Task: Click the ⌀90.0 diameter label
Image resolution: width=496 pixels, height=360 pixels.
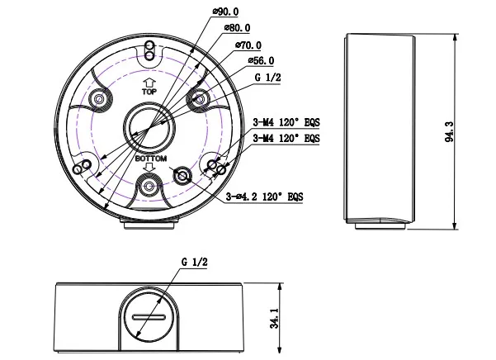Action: pyautogui.click(x=226, y=12)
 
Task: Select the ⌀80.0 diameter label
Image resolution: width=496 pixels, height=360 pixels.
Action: pyautogui.click(x=238, y=28)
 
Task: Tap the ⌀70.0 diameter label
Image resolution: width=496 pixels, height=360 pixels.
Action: pyautogui.click(x=248, y=45)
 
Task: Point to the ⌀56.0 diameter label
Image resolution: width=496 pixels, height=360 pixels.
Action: pyautogui.click(x=262, y=60)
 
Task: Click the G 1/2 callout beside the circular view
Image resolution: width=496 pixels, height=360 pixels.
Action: pyautogui.click(x=267, y=77)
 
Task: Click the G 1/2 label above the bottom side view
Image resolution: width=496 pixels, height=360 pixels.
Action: pyautogui.click(x=194, y=262)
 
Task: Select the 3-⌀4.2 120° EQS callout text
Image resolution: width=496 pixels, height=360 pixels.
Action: pyautogui.click(x=264, y=197)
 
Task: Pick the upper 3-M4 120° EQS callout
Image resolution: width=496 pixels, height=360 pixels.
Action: pyautogui.click(x=286, y=122)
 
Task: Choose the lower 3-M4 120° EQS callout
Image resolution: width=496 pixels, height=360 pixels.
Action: pyautogui.click(x=286, y=138)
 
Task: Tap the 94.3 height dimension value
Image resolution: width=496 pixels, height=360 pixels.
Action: pyautogui.click(x=449, y=131)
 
